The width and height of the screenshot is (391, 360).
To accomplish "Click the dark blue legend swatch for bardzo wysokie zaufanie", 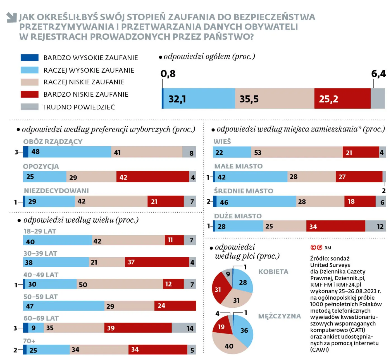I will click(x=29, y=58).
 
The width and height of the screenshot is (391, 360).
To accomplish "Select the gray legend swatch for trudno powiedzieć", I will click(x=29, y=107).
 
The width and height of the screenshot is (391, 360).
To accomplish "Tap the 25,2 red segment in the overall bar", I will click(x=342, y=99).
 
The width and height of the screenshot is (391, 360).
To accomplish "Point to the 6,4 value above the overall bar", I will click(x=378, y=74).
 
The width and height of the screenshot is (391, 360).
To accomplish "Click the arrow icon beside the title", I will click(x=12, y=17).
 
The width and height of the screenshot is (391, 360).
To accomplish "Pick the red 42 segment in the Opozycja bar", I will click(x=152, y=177).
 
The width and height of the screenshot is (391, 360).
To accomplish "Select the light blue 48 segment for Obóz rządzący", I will click(x=70, y=152).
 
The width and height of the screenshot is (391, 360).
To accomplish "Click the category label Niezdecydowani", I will click(x=56, y=191).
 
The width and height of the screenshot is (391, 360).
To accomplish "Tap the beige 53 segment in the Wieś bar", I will click(x=297, y=152).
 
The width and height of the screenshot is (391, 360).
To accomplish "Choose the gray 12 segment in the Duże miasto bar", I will click(x=375, y=226).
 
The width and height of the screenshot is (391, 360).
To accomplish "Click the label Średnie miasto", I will click(x=243, y=191).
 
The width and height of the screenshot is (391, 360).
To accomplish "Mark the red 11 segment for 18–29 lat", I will click(x=174, y=240).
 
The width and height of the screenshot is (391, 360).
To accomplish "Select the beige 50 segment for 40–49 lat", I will click(x=120, y=284).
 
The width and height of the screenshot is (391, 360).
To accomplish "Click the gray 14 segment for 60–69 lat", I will click(x=183, y=328).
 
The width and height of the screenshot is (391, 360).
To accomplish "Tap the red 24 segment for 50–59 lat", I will click(x=175, y=306).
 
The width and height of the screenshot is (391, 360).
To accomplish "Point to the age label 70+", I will click(x=29, y=341).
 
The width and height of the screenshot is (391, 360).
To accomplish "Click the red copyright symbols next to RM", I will click(x=316, y=248).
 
